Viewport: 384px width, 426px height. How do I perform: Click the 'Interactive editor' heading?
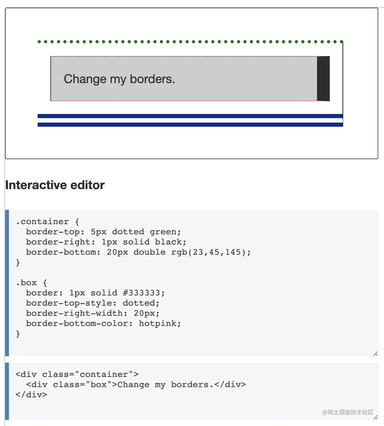[55, 185]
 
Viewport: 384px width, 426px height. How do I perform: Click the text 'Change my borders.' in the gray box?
[119, 79]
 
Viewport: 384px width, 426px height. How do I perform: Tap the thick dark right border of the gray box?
[323, 79]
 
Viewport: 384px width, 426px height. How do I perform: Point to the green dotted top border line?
[190, 42]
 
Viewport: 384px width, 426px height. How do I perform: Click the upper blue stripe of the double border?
[190, 116]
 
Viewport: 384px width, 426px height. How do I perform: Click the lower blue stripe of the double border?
[190, 125]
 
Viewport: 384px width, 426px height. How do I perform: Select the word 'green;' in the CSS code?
[165, 232]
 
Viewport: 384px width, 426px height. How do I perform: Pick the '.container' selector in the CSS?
[42, 222]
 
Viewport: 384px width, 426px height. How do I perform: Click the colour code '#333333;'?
[144, 293]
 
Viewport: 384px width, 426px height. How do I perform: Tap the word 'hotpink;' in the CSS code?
[160, 323]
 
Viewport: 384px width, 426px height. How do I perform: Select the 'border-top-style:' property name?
[71, 303]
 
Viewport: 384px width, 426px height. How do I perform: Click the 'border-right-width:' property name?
[77, 313]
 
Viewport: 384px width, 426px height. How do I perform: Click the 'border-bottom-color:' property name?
[79, 323]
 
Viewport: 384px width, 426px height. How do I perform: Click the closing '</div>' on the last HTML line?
[31, 395]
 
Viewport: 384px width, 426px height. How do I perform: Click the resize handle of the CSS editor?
[375, 354]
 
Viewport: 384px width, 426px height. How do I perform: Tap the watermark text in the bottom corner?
[347, 412]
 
